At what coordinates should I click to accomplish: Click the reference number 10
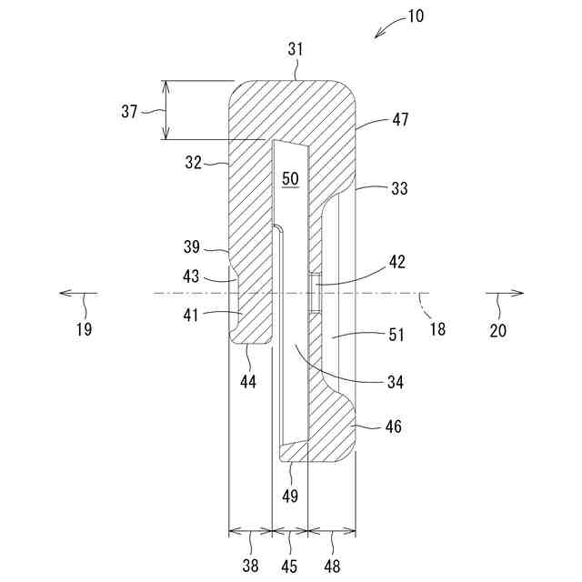coord(415,15)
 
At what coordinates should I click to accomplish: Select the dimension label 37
coord(129,111)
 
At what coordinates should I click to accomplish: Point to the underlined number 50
coord(290,179)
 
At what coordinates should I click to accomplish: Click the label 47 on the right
coord(401,119)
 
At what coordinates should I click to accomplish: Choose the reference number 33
coord(397,189)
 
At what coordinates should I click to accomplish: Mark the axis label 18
coord(437,329)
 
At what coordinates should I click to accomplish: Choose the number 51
coord(396,335)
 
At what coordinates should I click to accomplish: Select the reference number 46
coord(394,426)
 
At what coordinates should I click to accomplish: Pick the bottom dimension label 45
coord(290,566)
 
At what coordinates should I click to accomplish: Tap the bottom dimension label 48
coord(331,566)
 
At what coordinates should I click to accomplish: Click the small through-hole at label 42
coord(314,295)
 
